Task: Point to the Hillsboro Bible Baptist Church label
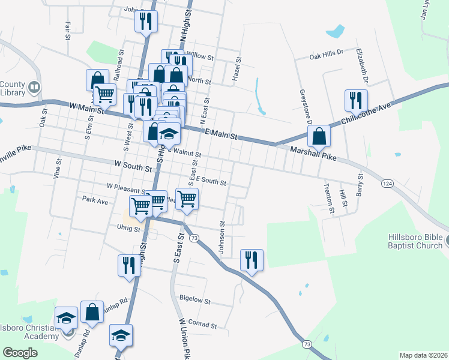coord(411,241)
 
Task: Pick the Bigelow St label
coord(195,299)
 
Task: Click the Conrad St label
coord(202,324)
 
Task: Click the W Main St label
coord(86,106)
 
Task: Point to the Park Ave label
coord(95,201)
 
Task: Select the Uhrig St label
coord(128,229)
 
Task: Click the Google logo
coord(20,353)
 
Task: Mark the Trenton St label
coord(330,198)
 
